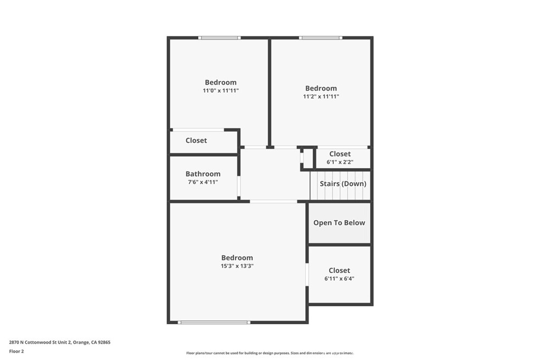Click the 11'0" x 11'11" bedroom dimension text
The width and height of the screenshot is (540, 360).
click(x=220, y=91)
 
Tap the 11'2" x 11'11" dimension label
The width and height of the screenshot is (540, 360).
click(x=321, y=96)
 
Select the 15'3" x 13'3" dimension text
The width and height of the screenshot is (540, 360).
click(x=237, y=266)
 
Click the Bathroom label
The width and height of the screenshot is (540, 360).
click(x=203, y=174)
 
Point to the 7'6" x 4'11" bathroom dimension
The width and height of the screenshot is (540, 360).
click(x=203, y=182)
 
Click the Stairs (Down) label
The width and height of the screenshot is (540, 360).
click(x=343, y=184)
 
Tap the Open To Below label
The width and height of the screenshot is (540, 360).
click(x=339, y=223)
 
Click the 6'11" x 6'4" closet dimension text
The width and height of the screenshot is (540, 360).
click(x=339, y=279)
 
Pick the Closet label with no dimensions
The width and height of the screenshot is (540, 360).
click(x=196, y=141)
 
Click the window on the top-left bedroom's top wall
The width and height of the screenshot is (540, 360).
click(x=219, y=38)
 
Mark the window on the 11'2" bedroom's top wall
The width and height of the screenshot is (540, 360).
click(x=320, y=38)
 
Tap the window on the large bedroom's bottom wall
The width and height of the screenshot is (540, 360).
click(x=214, y=322)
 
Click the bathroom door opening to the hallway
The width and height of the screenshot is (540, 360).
click(x=239, y=186)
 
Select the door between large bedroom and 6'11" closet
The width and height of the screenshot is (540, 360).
click(x=307, y=275)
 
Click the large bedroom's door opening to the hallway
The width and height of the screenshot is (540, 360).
click(x=273, y=201)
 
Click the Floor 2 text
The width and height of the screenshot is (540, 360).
click(x=16, y=351)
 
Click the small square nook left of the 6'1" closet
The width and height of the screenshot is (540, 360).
click(x=307, y=158)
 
